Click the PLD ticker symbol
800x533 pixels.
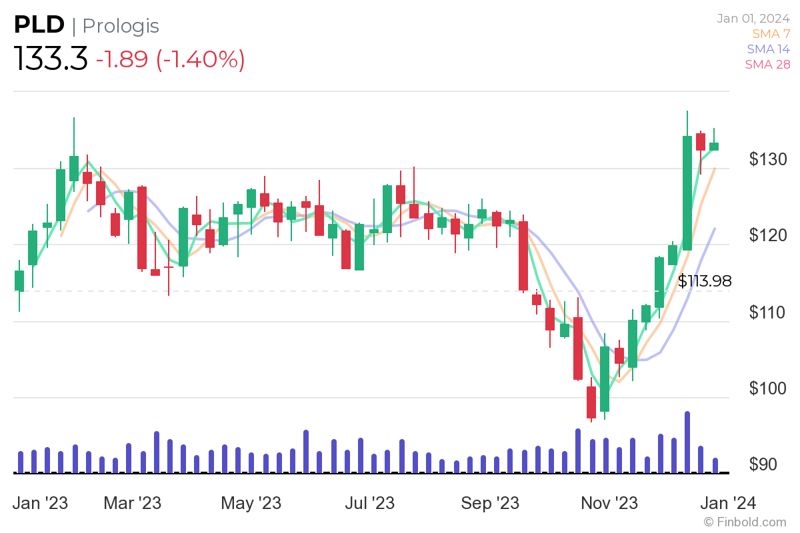click(x=39, y=25)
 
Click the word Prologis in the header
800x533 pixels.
click(x=121, y=26)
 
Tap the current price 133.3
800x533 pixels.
click(x=51, y=60)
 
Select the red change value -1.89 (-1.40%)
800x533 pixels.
click(x=170, y=60)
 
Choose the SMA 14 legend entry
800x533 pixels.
click(x=768, y=49)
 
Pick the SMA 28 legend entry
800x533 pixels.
click(x=768, y=65)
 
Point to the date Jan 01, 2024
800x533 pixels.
click(x=753, y=19)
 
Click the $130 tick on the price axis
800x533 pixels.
click(x=767, y=159)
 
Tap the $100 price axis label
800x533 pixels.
click(x=767, y=388)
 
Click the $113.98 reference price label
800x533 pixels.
click(x=704, y=282)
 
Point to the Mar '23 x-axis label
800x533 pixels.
click(x=132, y=502)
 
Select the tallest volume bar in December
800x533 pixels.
click(x=687, y=442)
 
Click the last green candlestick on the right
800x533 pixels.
click(x=714, y=146)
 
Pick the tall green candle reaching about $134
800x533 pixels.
click(x=687, y=193)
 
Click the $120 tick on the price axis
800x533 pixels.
click(x=767, y=235)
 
